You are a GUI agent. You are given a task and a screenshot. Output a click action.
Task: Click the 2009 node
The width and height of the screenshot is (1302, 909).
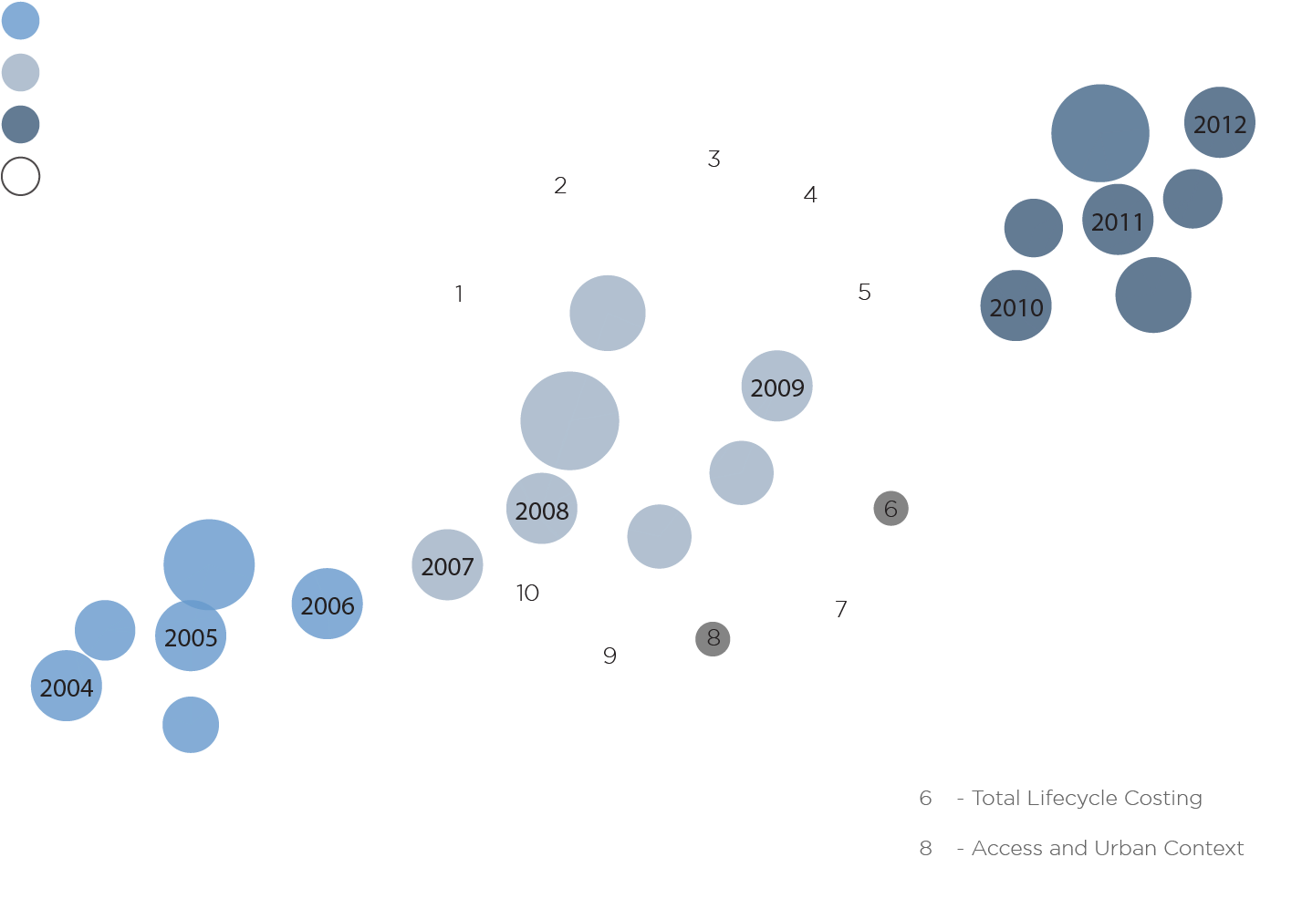coord(776,387)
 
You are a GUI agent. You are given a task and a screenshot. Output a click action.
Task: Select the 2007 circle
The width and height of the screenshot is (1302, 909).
coord(447,565)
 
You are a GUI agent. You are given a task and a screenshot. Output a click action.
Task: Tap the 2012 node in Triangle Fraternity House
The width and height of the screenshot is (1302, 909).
coord(1220,123)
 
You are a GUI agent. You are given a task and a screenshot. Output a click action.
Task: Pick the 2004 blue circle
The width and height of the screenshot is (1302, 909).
coord(66,687)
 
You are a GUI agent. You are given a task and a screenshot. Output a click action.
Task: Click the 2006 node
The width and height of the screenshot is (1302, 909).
coord(328,604)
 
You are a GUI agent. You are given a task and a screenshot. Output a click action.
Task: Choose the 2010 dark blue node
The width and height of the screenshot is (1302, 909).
coord(1016,306)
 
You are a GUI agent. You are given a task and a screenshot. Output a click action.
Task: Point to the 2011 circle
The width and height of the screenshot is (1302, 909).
coord(1118,221)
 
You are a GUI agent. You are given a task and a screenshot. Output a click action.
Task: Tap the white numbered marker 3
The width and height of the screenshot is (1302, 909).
coord(713,159)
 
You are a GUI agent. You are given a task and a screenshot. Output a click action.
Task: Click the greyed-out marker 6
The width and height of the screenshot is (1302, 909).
coord(891,508)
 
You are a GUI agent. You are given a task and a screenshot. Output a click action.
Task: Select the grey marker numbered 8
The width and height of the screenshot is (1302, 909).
coord(713,638)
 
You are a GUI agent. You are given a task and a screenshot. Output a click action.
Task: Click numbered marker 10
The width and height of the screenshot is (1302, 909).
coord(527,593)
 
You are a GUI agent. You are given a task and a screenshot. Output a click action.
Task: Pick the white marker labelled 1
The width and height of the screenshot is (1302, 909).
coord(459,294)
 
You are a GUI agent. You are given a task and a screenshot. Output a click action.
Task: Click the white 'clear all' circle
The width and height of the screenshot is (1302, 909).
coord(20,177)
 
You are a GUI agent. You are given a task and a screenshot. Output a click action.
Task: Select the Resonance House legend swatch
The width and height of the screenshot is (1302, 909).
coord(20,20)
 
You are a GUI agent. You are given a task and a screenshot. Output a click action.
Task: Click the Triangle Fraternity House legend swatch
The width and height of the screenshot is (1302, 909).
coord(20,126)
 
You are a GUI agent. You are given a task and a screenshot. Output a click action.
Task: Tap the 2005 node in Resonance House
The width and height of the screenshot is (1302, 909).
coord(191,636)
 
